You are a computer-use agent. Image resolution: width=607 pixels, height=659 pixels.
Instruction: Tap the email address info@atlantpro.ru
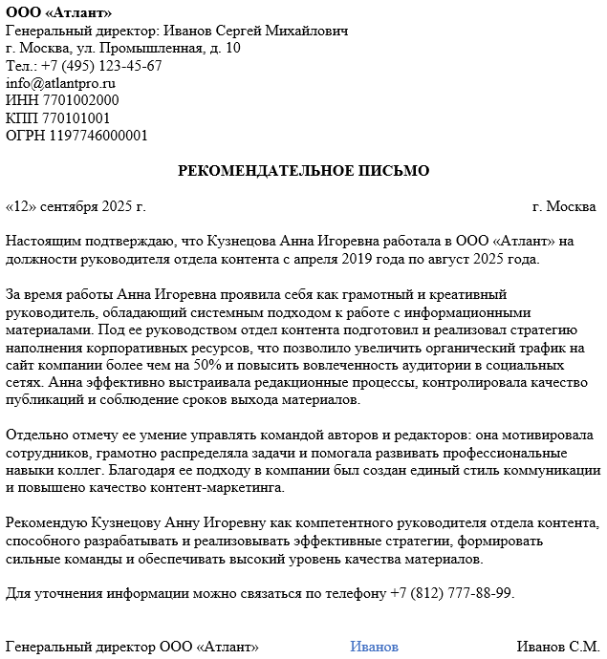[60, 83]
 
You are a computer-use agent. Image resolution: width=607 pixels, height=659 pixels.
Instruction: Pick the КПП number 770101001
[76, 118]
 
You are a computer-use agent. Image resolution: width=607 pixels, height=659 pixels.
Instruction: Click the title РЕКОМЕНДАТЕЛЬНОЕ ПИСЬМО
[304, 171]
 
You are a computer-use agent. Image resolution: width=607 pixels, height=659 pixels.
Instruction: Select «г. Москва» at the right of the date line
[564, 206]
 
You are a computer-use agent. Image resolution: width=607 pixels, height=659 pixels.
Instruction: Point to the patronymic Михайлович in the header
[303, 31]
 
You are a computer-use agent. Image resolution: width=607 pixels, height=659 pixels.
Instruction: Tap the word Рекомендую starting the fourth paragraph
[46, 523]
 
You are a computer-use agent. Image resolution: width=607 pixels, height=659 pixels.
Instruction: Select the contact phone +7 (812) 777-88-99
[451, 593]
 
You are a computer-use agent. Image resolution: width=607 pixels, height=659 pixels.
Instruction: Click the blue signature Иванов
[374, 647]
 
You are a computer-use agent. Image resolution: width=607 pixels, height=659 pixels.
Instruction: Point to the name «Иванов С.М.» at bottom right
[558, 647]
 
